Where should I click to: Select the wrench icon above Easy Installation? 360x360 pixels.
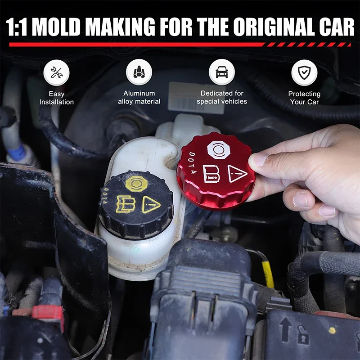[56, 73]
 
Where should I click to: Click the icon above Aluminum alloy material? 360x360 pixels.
[139, 72]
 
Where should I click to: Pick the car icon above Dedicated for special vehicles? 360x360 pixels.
[221, 72]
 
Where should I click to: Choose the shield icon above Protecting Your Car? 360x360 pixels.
[304, 72]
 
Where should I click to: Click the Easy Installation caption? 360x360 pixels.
[56, 98]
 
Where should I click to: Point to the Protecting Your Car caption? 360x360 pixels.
[304, 98]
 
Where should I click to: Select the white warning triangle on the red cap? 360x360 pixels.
[237, 173]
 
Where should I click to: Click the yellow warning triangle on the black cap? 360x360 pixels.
[151, 205]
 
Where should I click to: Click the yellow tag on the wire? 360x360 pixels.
[268, 274]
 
